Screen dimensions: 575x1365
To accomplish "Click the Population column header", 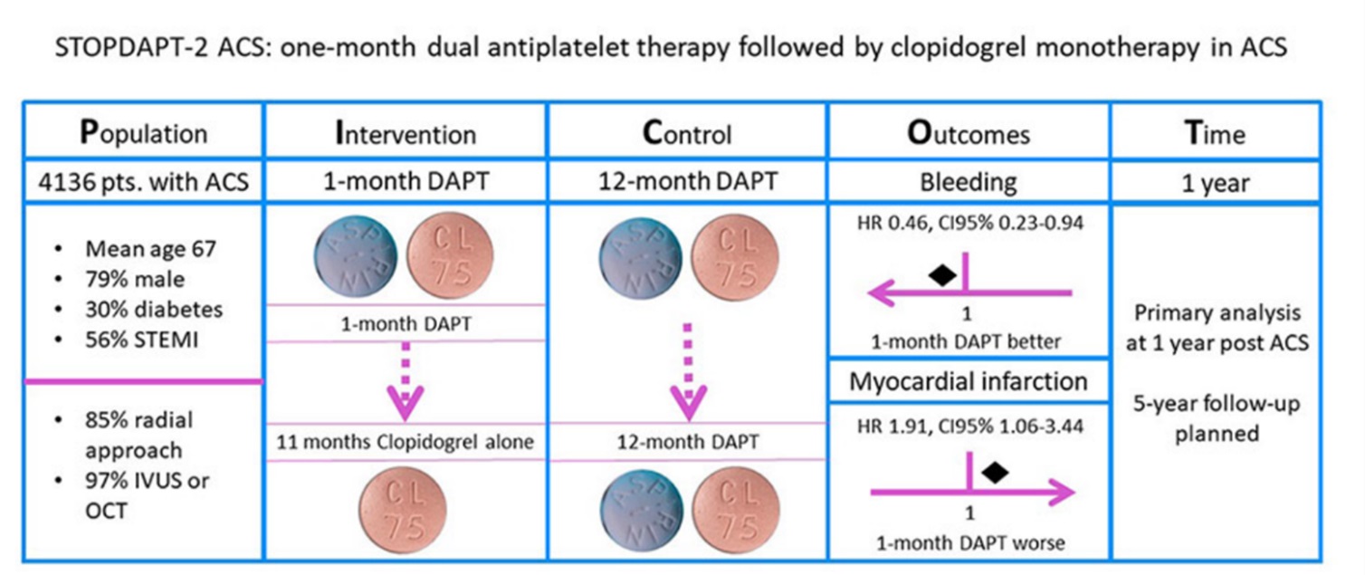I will pyautogui.click(x=143, y=134).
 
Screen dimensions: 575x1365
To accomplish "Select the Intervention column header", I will pyautogui.click(x=405, y=134).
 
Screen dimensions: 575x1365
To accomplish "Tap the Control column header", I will pyautogui.click(x=686, y=134).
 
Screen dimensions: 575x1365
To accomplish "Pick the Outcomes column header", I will pyautogui.click(x=969, y=134).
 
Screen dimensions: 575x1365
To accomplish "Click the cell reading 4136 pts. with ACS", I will pyautogui.click(x=143, y=182).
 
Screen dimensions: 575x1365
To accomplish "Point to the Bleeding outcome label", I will pyautogui.click(x=969, y=182).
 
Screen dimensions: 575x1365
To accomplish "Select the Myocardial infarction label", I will pyautogui.click(x=969, y=381).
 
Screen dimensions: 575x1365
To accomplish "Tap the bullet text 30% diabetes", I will pyautogui.click(x=154, y=309).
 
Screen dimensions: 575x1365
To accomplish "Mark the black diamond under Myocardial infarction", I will pyautogui.click(x=995, y=472).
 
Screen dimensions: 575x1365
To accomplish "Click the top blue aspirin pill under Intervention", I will pyautogui.click(x=353, y=257).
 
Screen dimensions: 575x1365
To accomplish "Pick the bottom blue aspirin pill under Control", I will pyautogui.click(x=638, y=511).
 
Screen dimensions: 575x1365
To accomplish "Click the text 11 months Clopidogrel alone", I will pyautogui.click(x=405, y=443).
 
